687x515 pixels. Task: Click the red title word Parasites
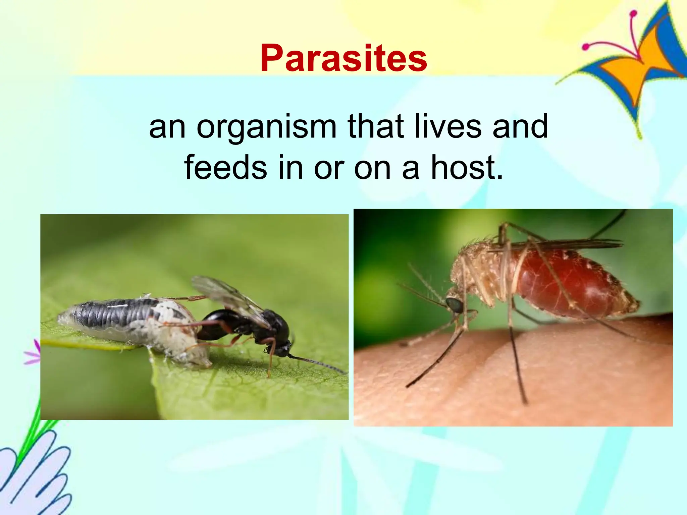[343, 59]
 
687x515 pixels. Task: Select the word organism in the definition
[266, 127]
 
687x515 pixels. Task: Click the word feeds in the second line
[225, 167]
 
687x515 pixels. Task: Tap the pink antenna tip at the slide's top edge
[633, 14]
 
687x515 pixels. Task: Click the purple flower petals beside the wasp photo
[34, 352]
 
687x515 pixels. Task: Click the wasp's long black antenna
[319, 364]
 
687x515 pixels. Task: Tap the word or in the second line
[329, 168]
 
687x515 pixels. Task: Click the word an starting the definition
[167, 127]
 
